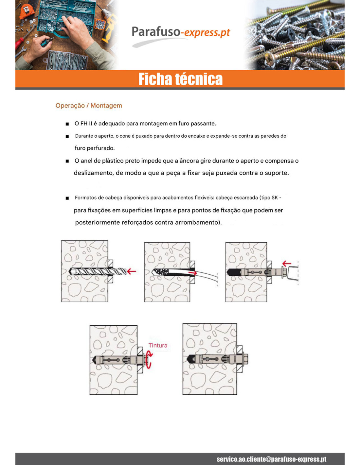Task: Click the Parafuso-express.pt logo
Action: [181, 35]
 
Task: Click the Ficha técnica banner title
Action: [180, 79]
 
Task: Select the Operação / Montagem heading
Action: [89, 106]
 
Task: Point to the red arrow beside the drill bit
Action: [132, 271]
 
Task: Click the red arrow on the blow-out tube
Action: [192, 273]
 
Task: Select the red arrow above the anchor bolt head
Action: [287, 264]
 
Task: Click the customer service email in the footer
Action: [271, 458]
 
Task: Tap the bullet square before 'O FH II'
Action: [67, 124]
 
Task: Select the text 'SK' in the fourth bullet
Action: [275, 198]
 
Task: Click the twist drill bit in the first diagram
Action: [98, 271]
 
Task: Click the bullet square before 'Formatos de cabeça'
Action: [67, 198]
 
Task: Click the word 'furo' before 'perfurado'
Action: [79, 148]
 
